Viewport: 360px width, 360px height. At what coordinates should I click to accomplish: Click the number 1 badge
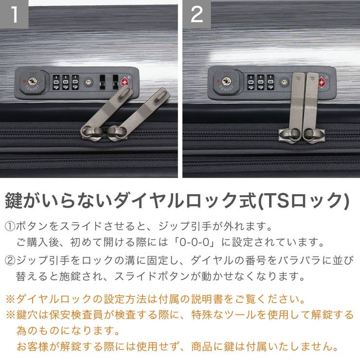[15, 15]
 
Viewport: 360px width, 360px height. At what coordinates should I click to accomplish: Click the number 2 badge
[197, 15]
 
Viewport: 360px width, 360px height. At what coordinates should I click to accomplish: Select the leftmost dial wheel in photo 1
[55, 82]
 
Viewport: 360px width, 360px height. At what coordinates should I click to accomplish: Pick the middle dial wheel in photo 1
[65, 82]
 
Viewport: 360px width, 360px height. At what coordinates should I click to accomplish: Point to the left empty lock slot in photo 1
[103, 82]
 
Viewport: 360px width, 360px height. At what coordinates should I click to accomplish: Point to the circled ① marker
[10, 227]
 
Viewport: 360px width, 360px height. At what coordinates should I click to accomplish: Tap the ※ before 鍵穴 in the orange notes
[10, 315]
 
